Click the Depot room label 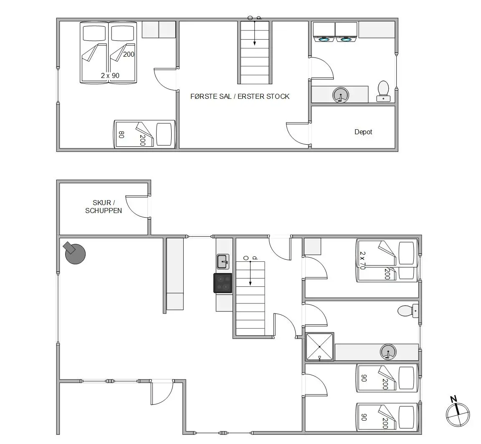363,132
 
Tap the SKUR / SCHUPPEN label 104,207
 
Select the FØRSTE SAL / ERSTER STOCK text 240,96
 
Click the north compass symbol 457,412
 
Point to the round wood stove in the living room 75,253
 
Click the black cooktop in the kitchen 223,283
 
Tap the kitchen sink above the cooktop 223,262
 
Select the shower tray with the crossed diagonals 320,346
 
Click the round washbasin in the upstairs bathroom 341,95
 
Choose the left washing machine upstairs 324,32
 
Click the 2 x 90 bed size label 110,75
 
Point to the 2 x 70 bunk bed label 362,260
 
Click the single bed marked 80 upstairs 144,134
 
